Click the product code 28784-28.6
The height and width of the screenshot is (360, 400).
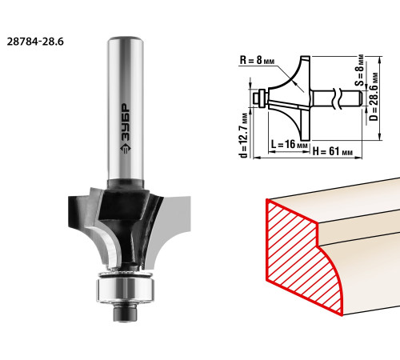click(35, 42)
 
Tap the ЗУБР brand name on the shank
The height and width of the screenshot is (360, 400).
click(126, 122)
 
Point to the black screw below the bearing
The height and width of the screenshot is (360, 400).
click(126, 313)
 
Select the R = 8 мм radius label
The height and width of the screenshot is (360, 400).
click(257, 60)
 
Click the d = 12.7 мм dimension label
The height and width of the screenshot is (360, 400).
click(244, 133)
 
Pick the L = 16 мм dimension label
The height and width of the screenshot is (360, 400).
click(290, 144)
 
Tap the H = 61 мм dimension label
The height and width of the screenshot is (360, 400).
click(333, 151)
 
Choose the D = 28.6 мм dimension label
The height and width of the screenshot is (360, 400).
click(374, 96)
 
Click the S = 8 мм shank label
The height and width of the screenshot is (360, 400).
click(360, 70)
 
